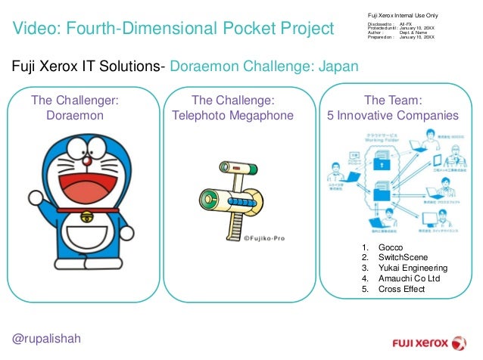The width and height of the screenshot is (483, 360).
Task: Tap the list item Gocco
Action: tap(391, 247)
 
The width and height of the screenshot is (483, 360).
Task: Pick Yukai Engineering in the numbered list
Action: tap(413, 268)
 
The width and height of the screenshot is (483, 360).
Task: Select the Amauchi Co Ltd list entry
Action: tap(409, 278)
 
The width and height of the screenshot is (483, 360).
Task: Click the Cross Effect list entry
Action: tap(401, 288)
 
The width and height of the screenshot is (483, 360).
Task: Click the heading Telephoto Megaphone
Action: tap(232, 116)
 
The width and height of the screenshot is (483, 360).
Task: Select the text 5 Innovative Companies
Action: tap(392, 116)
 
